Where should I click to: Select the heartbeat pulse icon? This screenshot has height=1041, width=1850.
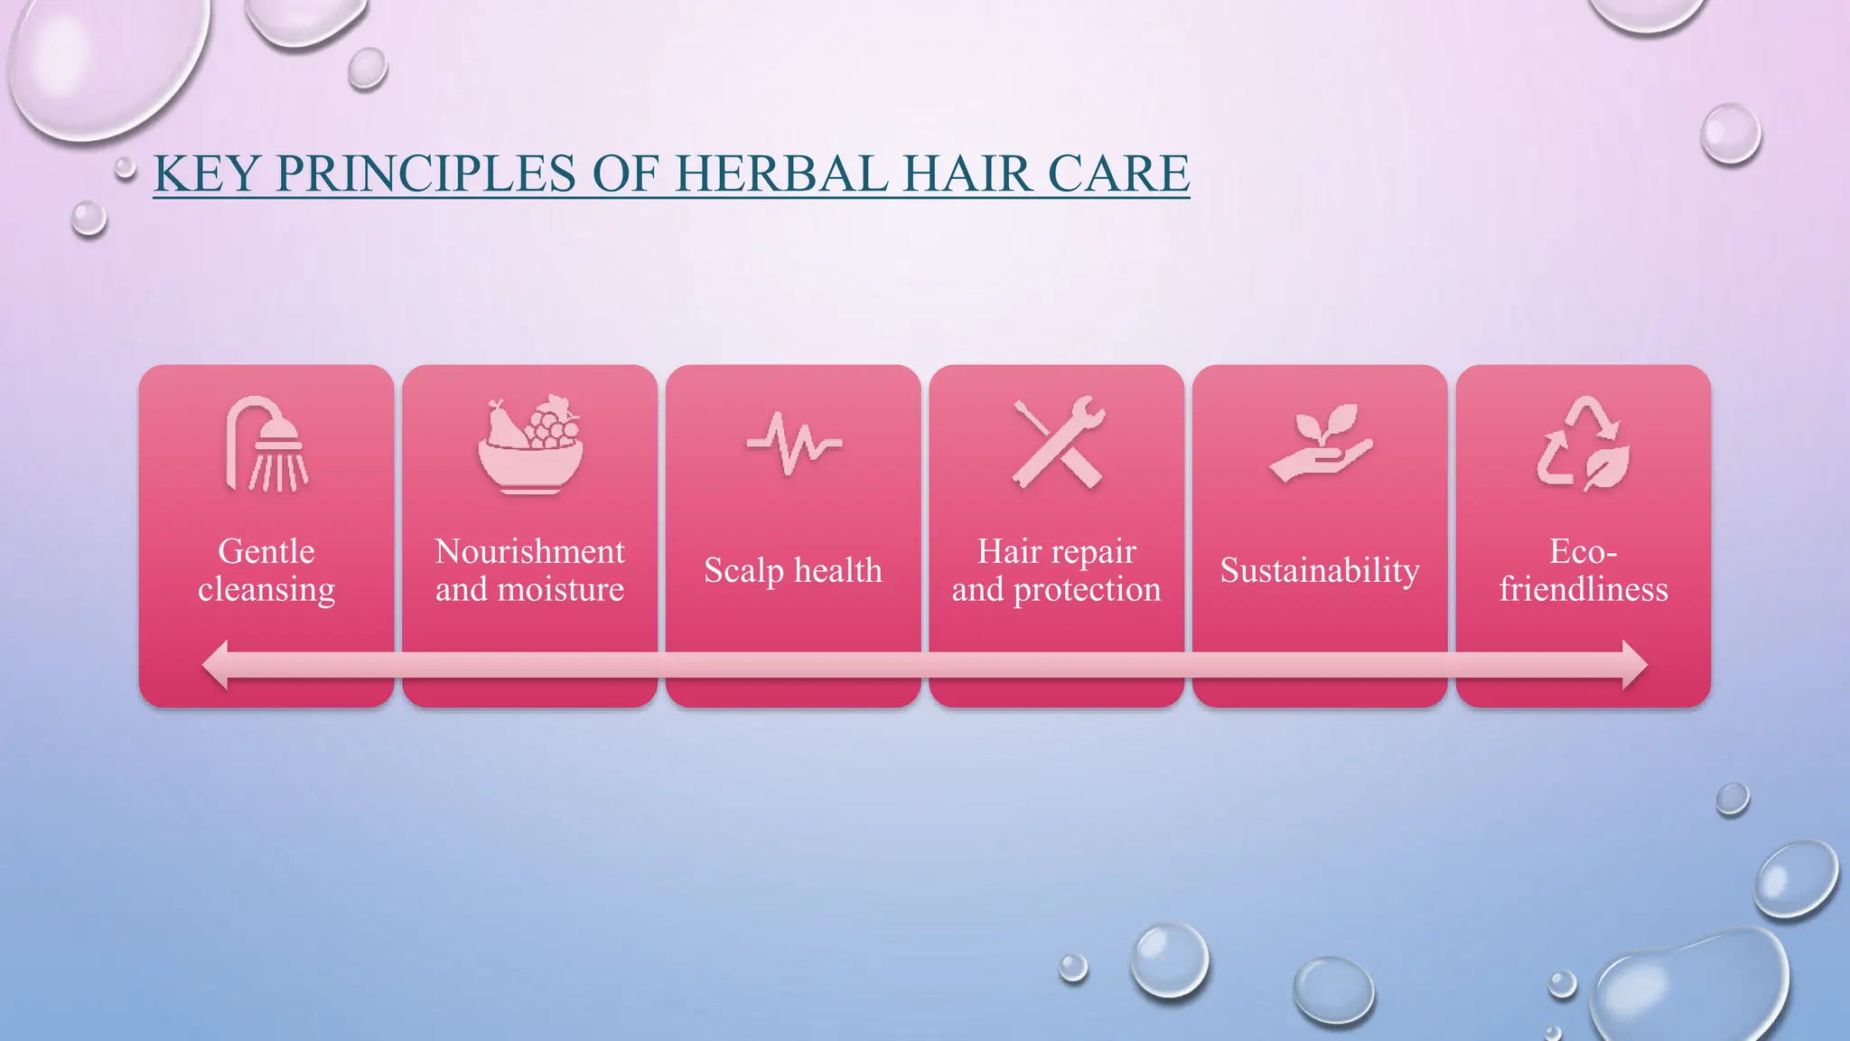point(793,444)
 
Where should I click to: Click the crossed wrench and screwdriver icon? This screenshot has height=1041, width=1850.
point(1057,444)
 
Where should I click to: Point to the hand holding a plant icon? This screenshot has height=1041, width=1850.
point(1321,444)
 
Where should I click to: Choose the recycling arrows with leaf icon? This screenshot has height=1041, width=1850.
point(1584,444)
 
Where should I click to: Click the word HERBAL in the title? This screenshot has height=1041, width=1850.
point(781,173)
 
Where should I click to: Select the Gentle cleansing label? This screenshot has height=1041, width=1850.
point(266,570)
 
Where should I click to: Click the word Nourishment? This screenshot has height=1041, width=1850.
point(530,551)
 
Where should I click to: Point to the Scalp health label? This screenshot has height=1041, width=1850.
point(793,570)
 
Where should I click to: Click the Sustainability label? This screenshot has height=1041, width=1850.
point(1320,570)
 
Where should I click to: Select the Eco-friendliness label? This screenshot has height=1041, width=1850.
point(1584,570)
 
